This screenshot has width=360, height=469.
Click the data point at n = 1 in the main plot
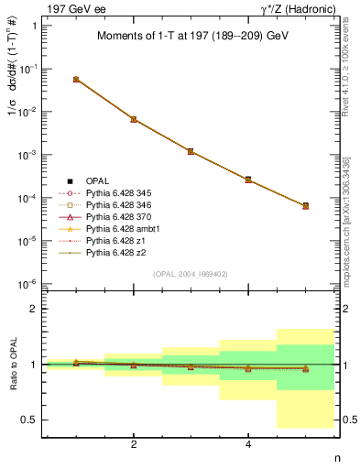(76, 80)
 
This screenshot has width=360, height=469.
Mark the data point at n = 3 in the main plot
(191, 151)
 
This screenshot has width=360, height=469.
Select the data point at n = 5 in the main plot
(305, 206)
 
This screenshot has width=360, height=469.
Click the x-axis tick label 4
(248, 445)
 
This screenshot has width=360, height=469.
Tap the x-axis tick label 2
(134, 445)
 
